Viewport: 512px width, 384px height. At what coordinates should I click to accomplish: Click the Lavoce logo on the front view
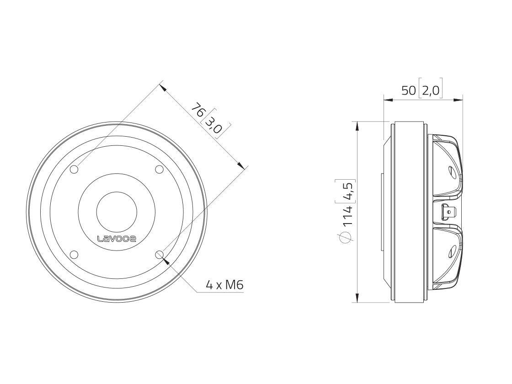116,238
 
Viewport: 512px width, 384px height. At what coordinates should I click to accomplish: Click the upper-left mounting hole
74,170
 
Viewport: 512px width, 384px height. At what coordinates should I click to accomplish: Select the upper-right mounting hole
159,170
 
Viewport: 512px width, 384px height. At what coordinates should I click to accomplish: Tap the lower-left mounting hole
74,255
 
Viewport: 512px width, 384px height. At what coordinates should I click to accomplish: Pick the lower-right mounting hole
159,255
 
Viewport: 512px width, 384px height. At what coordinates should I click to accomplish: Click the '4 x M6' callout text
224,285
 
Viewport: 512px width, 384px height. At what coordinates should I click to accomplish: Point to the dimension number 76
197,111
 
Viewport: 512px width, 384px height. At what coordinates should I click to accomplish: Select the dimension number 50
408,91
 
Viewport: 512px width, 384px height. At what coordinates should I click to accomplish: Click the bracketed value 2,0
430,91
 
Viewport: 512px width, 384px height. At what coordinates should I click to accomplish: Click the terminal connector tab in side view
448,212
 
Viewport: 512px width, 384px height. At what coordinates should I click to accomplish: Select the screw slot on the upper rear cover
451,172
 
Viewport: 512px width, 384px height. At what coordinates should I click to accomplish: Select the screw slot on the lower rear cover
451,251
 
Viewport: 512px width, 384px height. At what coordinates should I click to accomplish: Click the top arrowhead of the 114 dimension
356,125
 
